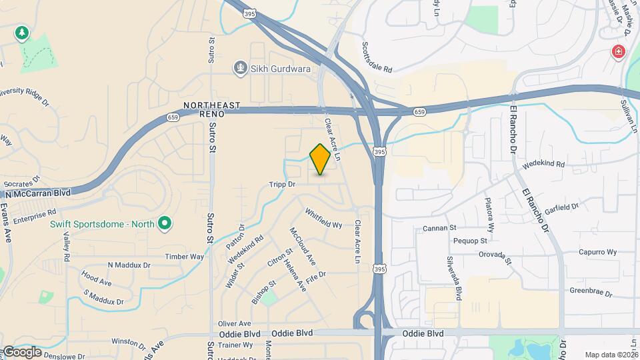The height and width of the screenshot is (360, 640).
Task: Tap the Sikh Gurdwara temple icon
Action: [240, 67]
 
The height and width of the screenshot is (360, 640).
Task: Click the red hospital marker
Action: [618, 51]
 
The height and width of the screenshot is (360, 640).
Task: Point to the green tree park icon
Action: [22, 33]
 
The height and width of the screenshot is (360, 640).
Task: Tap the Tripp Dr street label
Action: [282, 184]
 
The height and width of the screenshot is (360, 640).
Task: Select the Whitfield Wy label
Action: [323, 219]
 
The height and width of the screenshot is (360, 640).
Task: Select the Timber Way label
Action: [185, 257]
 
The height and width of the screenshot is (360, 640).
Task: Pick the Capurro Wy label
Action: [597, 252]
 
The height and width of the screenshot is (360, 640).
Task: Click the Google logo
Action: [22, 351]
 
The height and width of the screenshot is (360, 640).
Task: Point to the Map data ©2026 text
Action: [611, 355]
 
